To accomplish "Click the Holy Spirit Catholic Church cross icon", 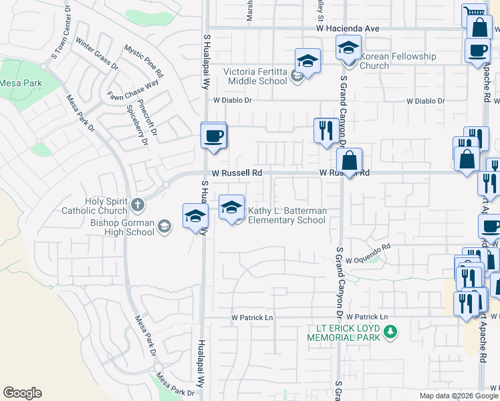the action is click(137, 204).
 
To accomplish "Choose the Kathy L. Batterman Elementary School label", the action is click(287, 216).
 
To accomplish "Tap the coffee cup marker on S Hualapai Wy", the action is click(214, 136).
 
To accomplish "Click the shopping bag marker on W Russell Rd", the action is click(349, 160).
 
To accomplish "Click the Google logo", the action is click(22, 393).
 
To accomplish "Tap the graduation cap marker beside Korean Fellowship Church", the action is click(348, 48).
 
